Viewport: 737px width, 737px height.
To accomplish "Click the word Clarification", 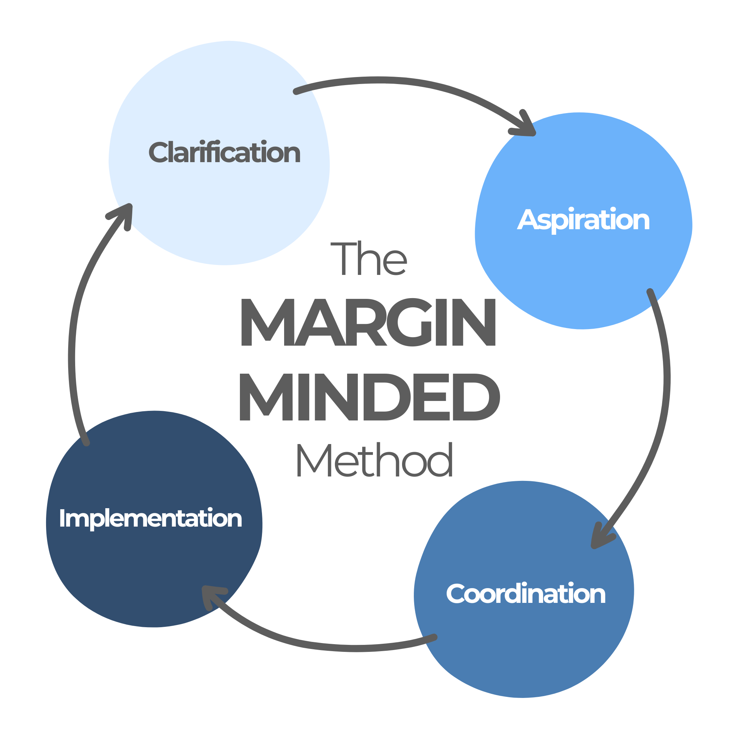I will pyautogui.click(x=224, y=153).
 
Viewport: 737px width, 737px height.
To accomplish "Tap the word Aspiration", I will pyautogui.click(x=583, y=220).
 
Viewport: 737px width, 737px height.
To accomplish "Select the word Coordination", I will pyautogui.click(x=526, y=594).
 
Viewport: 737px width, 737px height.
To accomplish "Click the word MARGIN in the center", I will pyautogui.click(x=368, y=323).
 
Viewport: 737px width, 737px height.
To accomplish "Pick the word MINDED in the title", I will pyautogui.click(x=369, y=397).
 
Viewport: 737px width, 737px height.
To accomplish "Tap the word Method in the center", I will pyautogui.click(x=375, y=460).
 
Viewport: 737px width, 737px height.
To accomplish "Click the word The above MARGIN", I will pyautogui.click(x=368, y=259).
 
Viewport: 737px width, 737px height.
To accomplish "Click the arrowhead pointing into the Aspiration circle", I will pyautogui.click(x=527, y=128).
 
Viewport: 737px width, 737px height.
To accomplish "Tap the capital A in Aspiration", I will pyautogui.click(x=527, y=220).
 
